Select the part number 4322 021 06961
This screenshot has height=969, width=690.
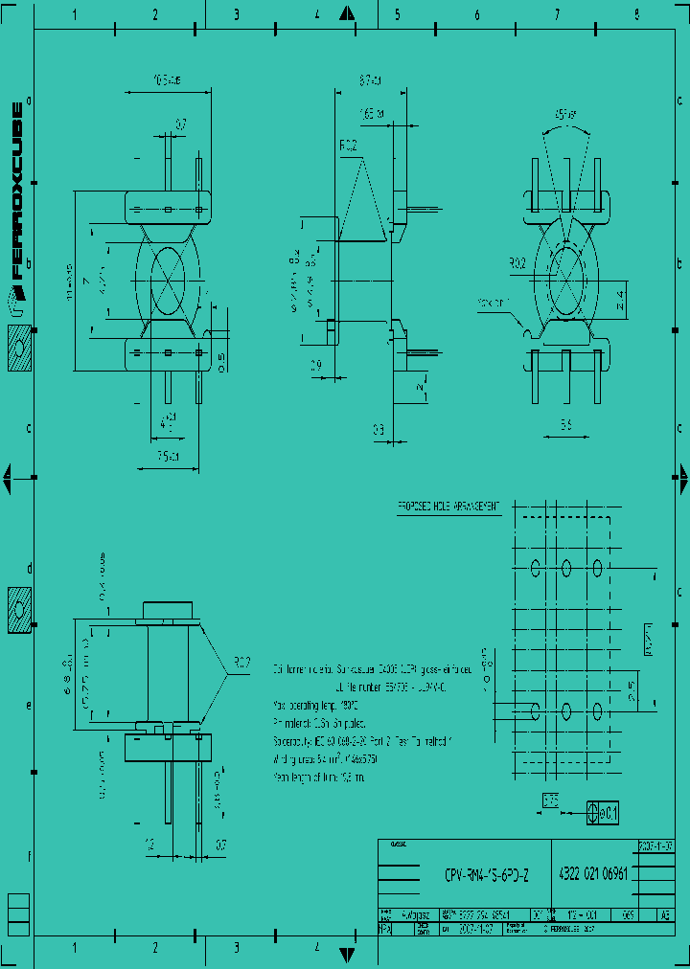tap(593, 874)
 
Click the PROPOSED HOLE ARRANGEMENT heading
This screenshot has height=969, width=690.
tap(448, 507)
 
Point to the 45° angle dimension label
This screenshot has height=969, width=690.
tap(566, 115)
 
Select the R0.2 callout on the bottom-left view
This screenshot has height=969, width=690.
tap(241, 662)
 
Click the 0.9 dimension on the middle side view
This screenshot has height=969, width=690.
tap(317, 365)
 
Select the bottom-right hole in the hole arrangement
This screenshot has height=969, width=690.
tap(598, 710)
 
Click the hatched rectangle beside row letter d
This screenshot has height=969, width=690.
tap(19, 608)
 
